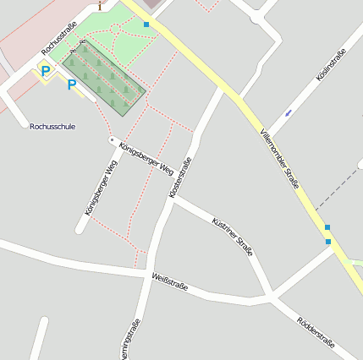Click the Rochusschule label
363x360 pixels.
[x=52, y=127]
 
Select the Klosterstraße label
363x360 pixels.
[x=180, y=177]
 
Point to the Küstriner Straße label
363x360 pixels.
[x=233, y=236]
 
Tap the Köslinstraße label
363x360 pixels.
[x=331, y=67]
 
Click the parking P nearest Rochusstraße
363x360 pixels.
[x=45, y=72]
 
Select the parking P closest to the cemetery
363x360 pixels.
[x=72, y=85]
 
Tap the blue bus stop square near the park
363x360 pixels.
[x=146, y=25]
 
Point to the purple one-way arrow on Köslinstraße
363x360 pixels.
[x=289, y=112]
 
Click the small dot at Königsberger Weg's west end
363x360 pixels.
[x=112, y=139]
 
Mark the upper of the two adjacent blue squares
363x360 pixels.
[x=327, y=227]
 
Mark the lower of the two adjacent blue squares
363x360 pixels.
[x=328, y=243]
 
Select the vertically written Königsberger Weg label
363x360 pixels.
[x=98, y=192]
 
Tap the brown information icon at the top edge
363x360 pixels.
[x=101, y=5]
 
